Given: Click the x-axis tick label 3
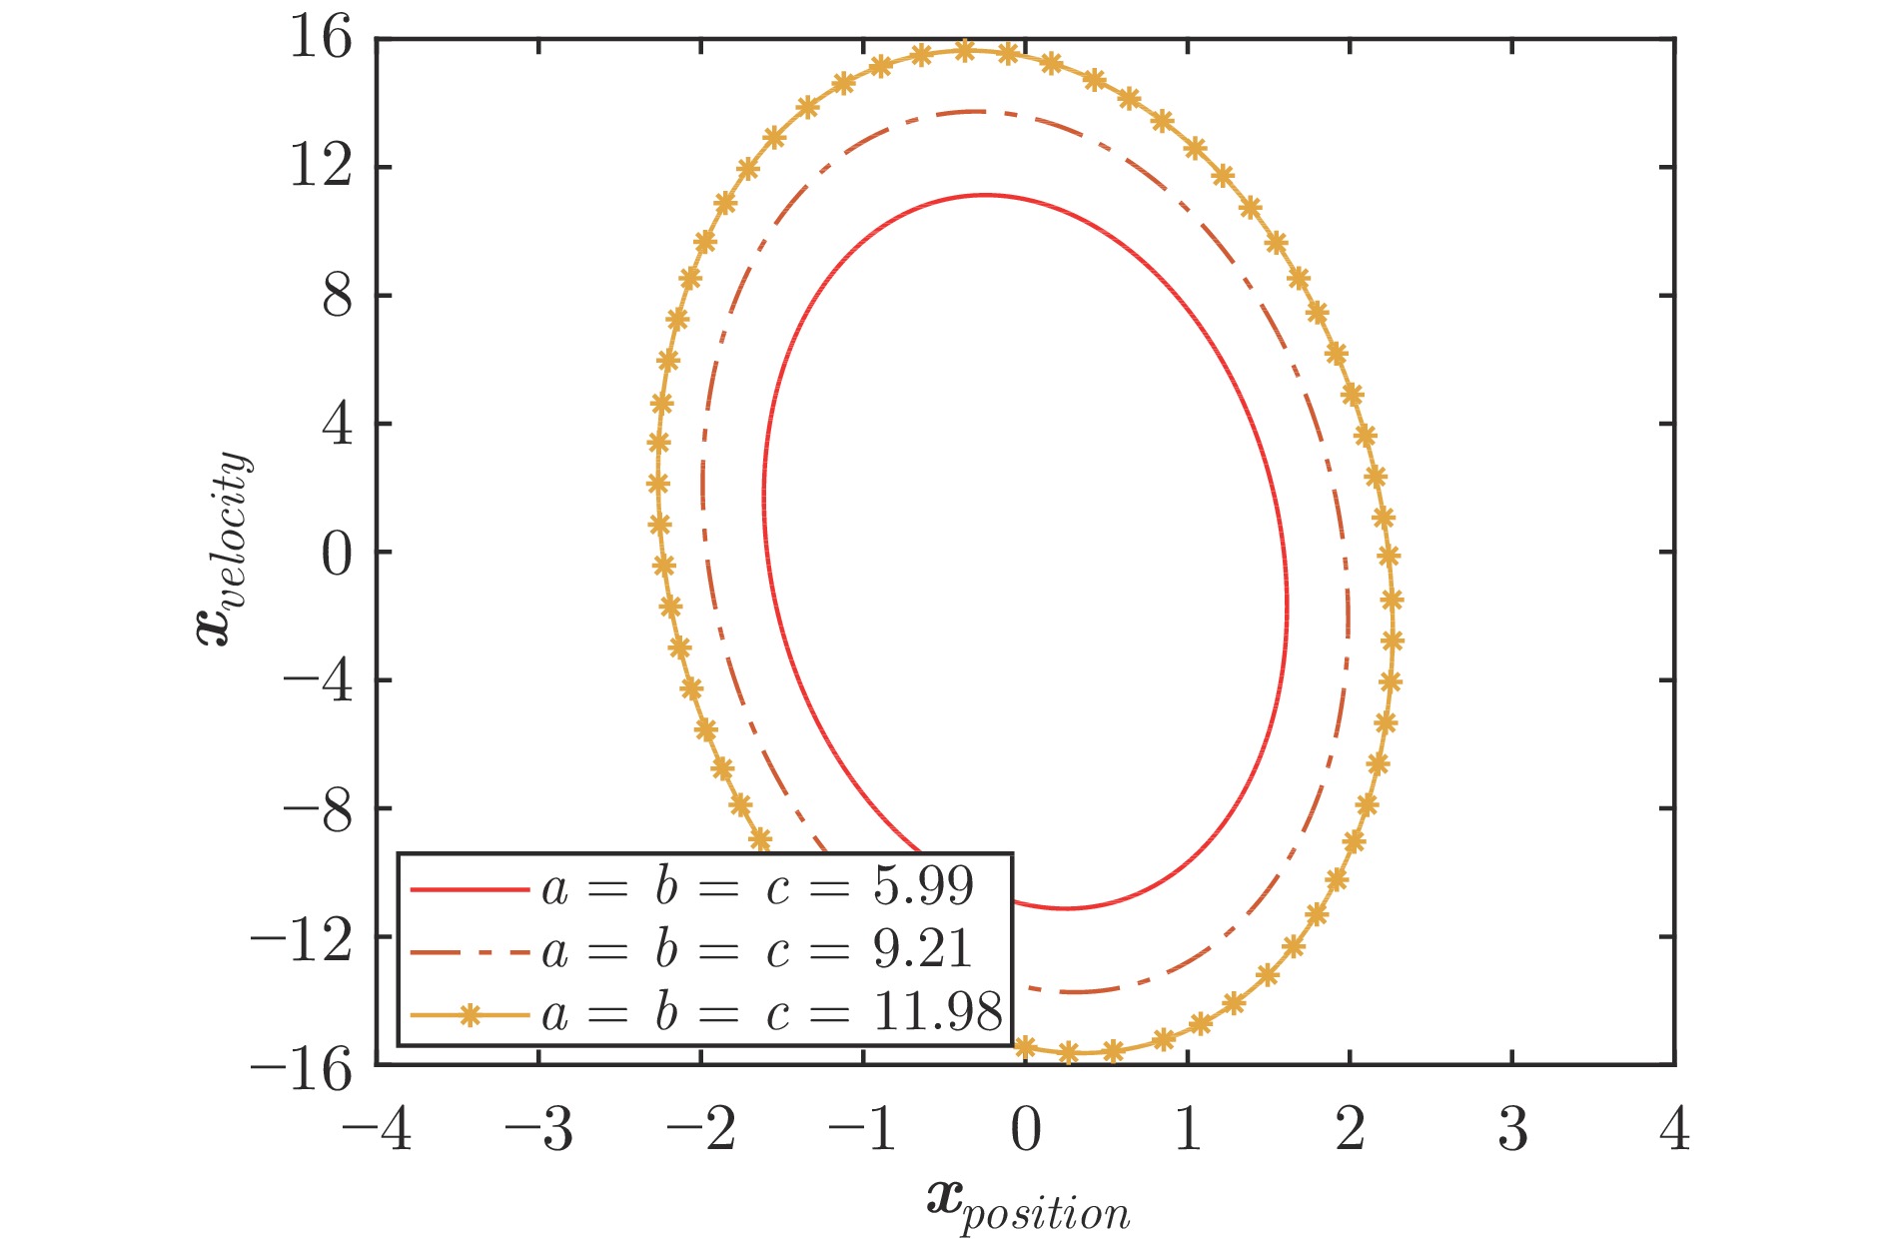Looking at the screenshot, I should pyautogui.click(x=1512, y=1130).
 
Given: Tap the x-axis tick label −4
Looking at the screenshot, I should pyautogui.click(x=377, y=1130).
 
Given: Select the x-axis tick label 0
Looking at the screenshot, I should pyautogui.click(x=1026, y=1130).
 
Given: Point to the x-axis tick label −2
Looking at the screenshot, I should pyautogui.click(x=701, y=1130).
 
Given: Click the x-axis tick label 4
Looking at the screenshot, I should pyautogui.click(x=1675, y=1130).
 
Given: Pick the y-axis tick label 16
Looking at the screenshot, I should pyautogui.click(x=321, y=40).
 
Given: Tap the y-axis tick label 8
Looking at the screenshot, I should pyautogui.click(x=337, y=297).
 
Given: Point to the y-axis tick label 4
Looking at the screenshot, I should pyautogui.click(x=337, y=425).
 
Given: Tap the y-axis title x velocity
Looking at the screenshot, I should pyautogui.click(x=224, y=550).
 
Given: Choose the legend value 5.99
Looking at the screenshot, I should pyautogui.click(x=923, y=886).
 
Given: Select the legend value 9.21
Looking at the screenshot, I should pyautogui.click(x=923, y=949).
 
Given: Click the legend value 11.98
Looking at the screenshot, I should pyautogui.click(x=937, y=1012).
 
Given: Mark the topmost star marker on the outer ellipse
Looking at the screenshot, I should pyautogui.click(x=964, y=50).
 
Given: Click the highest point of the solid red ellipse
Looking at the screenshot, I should pyautogui.click(x=985, y=195).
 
